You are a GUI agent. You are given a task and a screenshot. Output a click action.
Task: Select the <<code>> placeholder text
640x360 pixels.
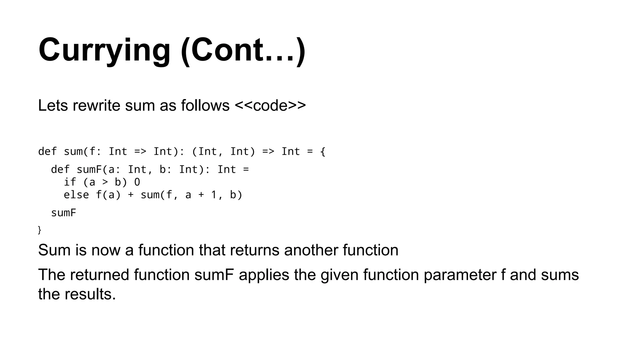pos(270,106)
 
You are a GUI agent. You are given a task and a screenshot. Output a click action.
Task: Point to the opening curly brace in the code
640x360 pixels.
pos(322,152)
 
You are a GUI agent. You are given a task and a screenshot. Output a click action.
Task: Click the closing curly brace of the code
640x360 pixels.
pos(39,230)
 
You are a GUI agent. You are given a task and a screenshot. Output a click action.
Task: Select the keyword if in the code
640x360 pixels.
pos(70,182)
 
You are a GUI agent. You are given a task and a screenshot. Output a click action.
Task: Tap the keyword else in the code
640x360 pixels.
pos(76,195)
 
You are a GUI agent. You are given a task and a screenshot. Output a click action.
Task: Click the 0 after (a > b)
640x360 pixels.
pos(137,182)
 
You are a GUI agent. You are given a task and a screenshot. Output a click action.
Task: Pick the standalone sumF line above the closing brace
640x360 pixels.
pos(63,213)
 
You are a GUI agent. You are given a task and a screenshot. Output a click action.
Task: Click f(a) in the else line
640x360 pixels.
pos(108,195)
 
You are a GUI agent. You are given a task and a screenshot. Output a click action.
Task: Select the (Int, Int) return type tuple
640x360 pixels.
pos(223,152)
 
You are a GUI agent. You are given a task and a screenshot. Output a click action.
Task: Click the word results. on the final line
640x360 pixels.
pos(90,294)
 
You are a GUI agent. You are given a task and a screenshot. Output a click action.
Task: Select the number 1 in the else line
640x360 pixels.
pos(214,195)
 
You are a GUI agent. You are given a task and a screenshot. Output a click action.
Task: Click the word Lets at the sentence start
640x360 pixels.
pos(53,106)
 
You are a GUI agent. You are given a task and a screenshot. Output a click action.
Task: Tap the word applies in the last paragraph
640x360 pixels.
pos(264,275)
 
